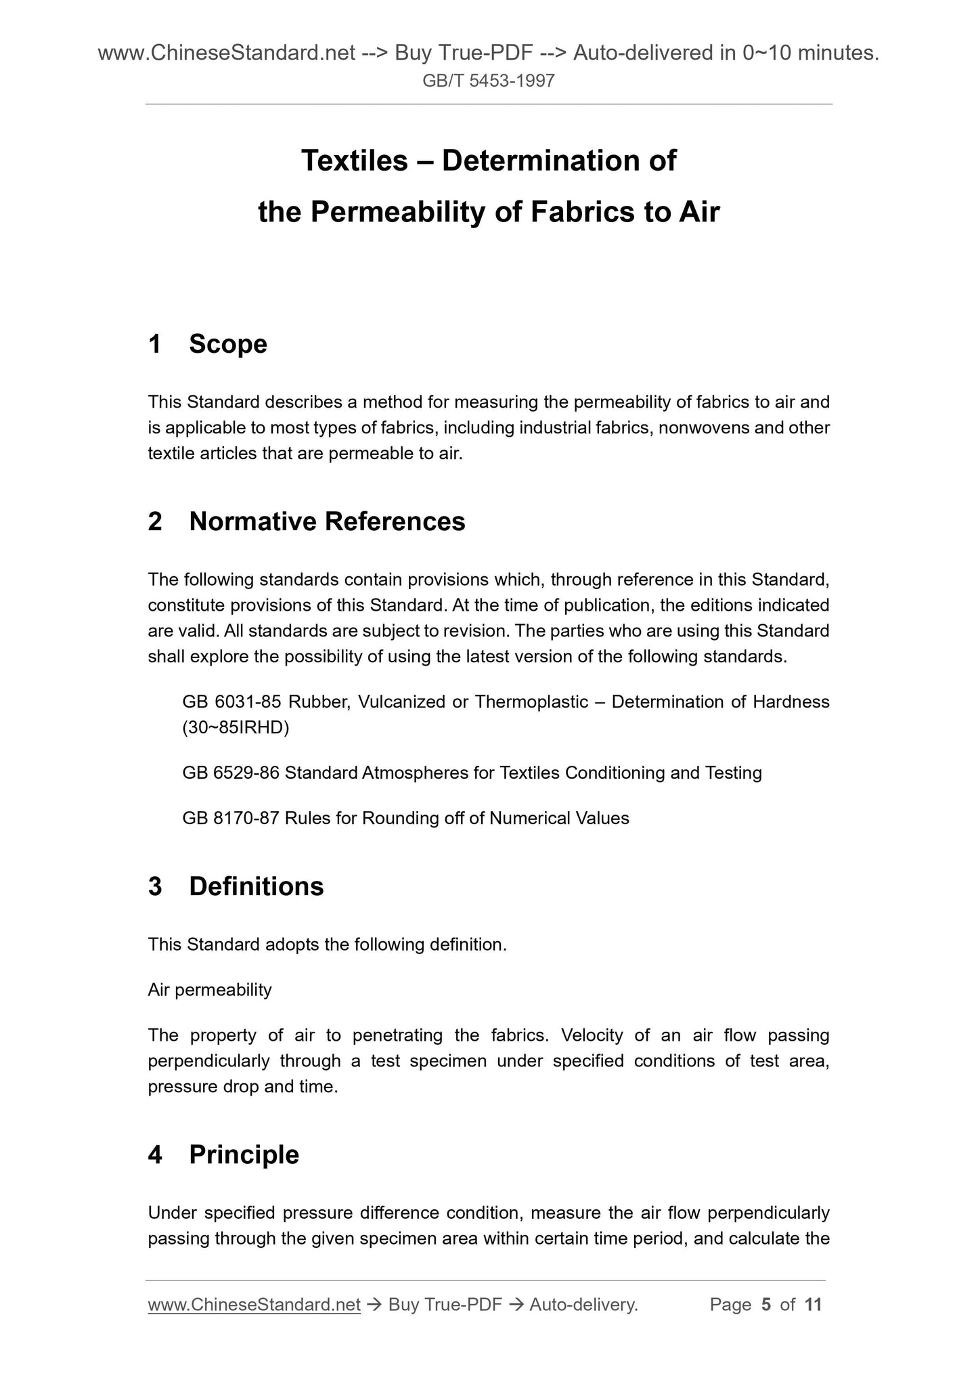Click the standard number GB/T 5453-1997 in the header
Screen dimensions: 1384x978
489,81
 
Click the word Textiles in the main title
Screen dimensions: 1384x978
355,160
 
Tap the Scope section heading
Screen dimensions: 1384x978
228,344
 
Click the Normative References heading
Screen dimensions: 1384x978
327,521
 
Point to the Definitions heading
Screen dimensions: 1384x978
257,886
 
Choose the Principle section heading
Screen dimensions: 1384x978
244,1154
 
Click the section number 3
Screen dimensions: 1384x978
155,886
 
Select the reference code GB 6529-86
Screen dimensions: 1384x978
231,773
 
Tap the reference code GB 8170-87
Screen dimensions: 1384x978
231,818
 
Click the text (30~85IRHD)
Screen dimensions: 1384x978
236,728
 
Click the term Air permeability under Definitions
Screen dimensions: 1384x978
210,990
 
